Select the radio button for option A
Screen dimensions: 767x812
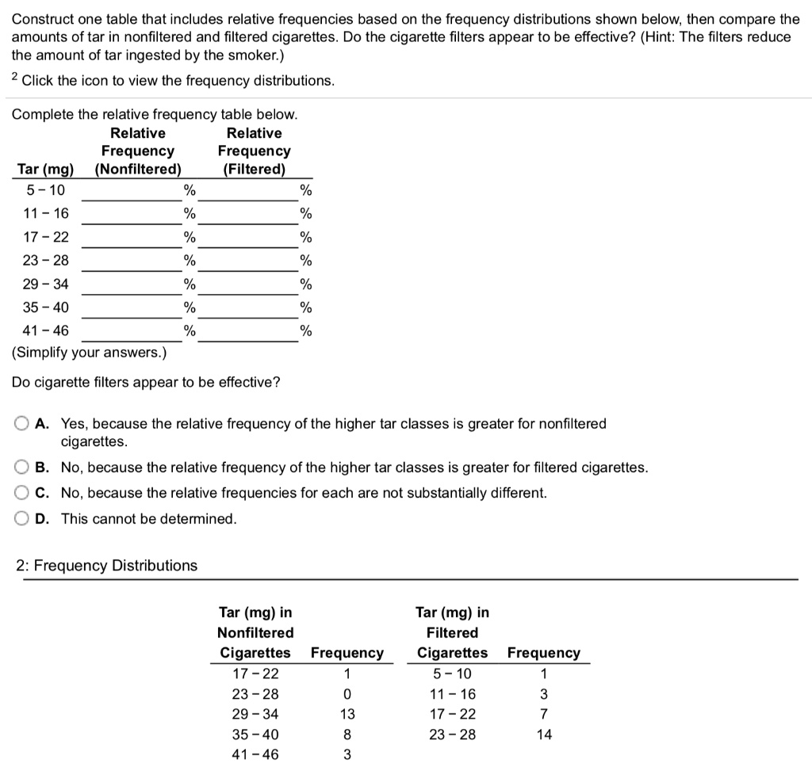point(24,424)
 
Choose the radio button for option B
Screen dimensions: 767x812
point(24,467)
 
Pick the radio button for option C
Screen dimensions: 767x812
point(24,493)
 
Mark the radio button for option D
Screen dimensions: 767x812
point(24,519)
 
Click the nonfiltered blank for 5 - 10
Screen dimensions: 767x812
point(132,190)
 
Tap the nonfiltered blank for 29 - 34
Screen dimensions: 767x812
point(132,284)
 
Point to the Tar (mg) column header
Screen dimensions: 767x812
point(45,169)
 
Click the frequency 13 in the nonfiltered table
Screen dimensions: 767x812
point(347,715)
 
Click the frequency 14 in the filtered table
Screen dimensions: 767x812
point(543,735)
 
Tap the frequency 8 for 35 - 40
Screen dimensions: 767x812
point(347,735)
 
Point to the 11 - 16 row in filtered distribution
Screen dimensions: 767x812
point(452,695)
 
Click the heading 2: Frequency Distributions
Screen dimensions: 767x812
point(107,566)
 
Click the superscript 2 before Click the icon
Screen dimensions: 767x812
point(15,78)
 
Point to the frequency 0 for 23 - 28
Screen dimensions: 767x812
point(347,695)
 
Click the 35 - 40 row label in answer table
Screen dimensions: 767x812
point(46,307)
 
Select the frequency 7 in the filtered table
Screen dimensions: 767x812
point(543,715)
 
